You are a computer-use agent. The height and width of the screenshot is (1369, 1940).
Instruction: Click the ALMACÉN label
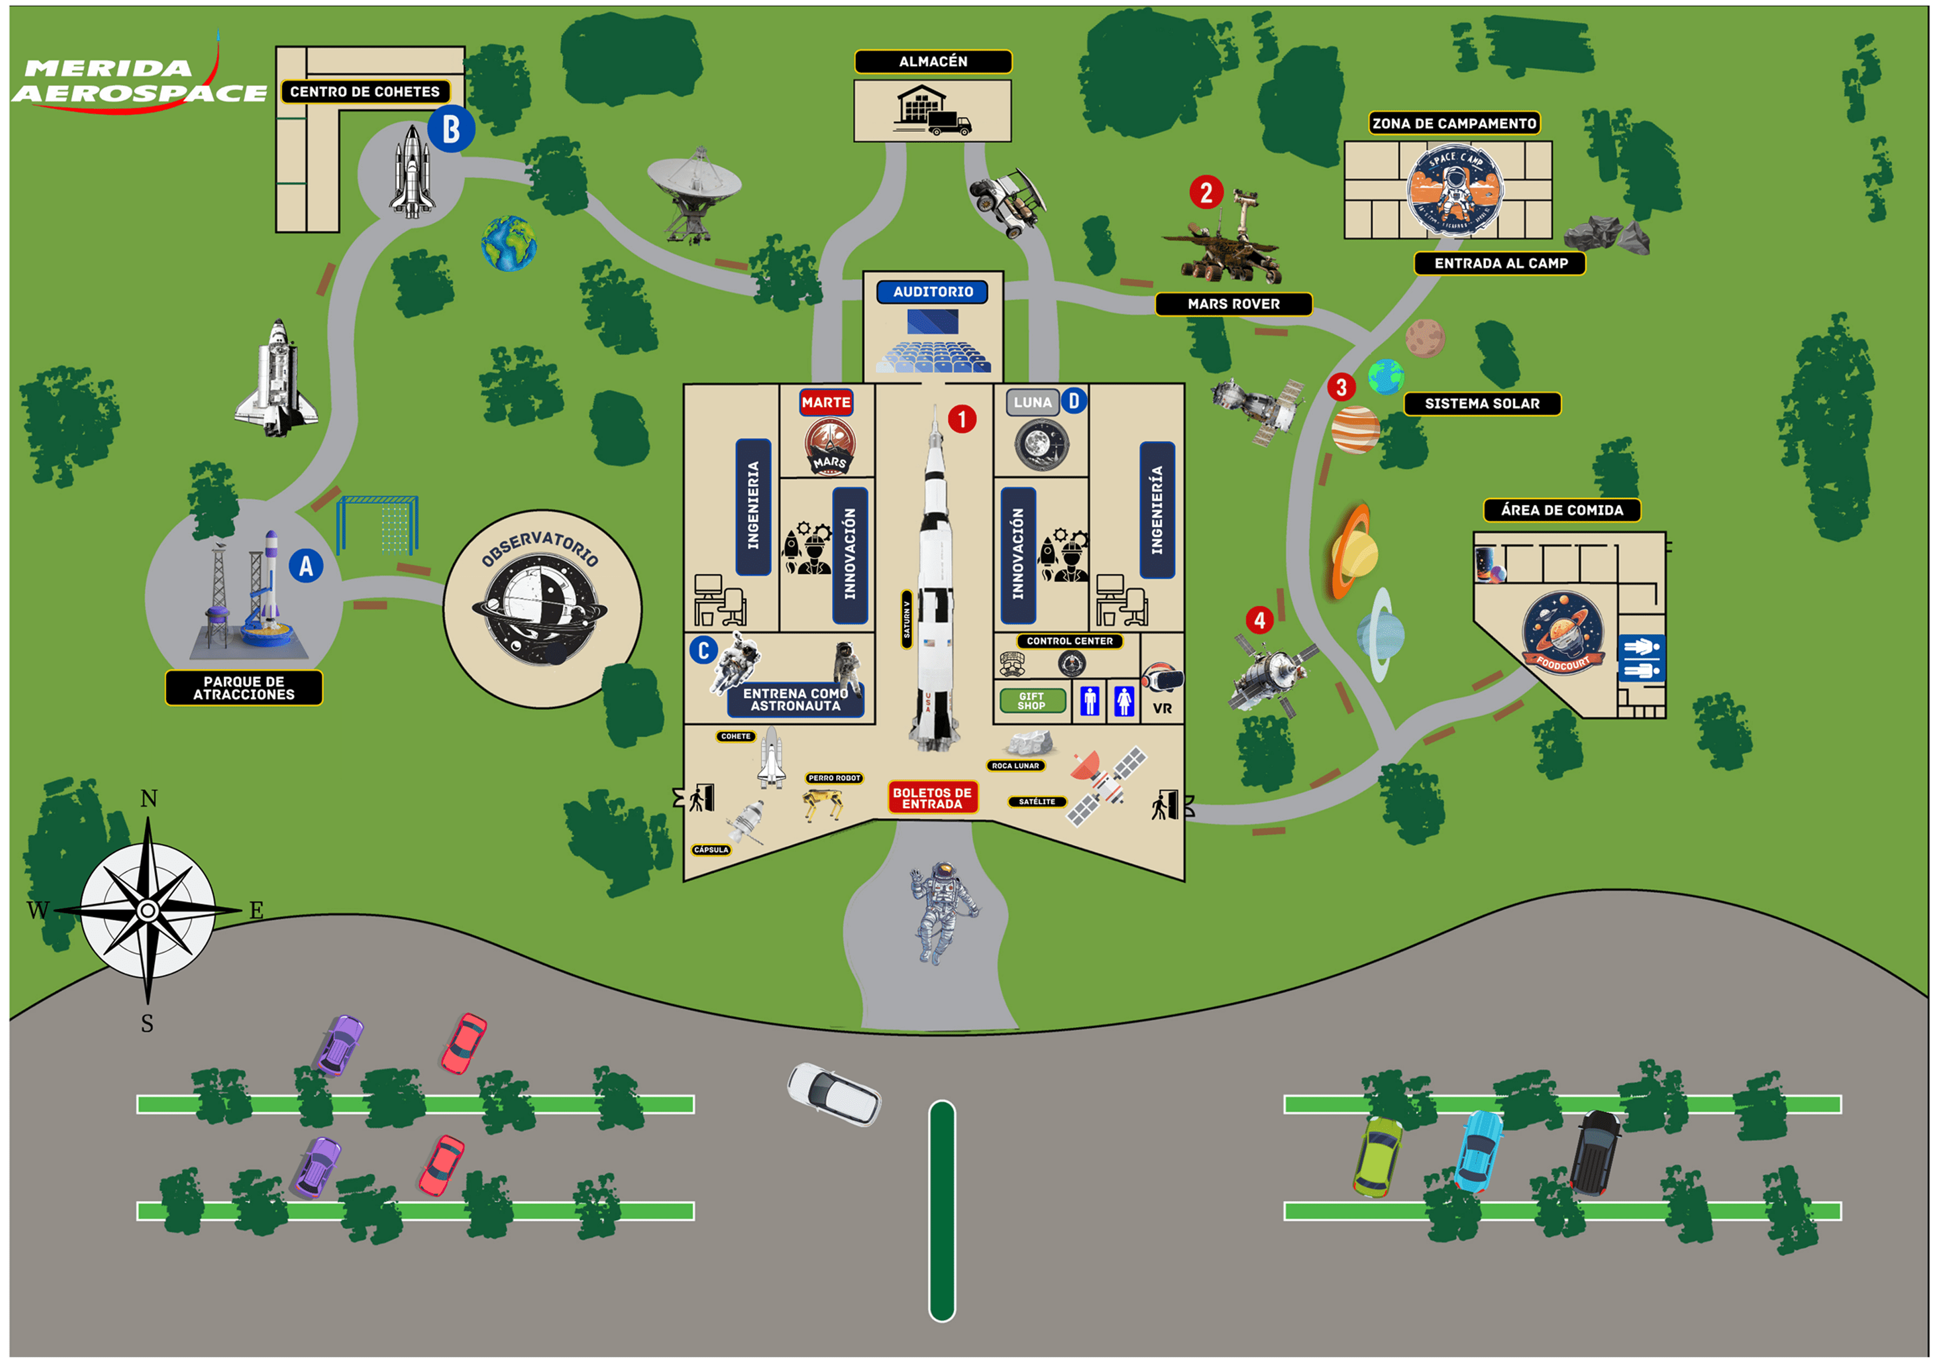coord(933,62)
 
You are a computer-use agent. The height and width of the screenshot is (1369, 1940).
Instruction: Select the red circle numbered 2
coord(1206,193)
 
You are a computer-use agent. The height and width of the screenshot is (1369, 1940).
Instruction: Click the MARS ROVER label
coord(1233,303)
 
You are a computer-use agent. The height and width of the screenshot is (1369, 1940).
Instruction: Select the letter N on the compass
coord(149,799)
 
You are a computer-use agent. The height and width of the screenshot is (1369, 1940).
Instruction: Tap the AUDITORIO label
coord(933,292)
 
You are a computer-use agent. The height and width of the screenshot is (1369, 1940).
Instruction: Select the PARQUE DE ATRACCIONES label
coord(243,688)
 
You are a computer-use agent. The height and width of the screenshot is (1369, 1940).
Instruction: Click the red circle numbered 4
coord(1259,620)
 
